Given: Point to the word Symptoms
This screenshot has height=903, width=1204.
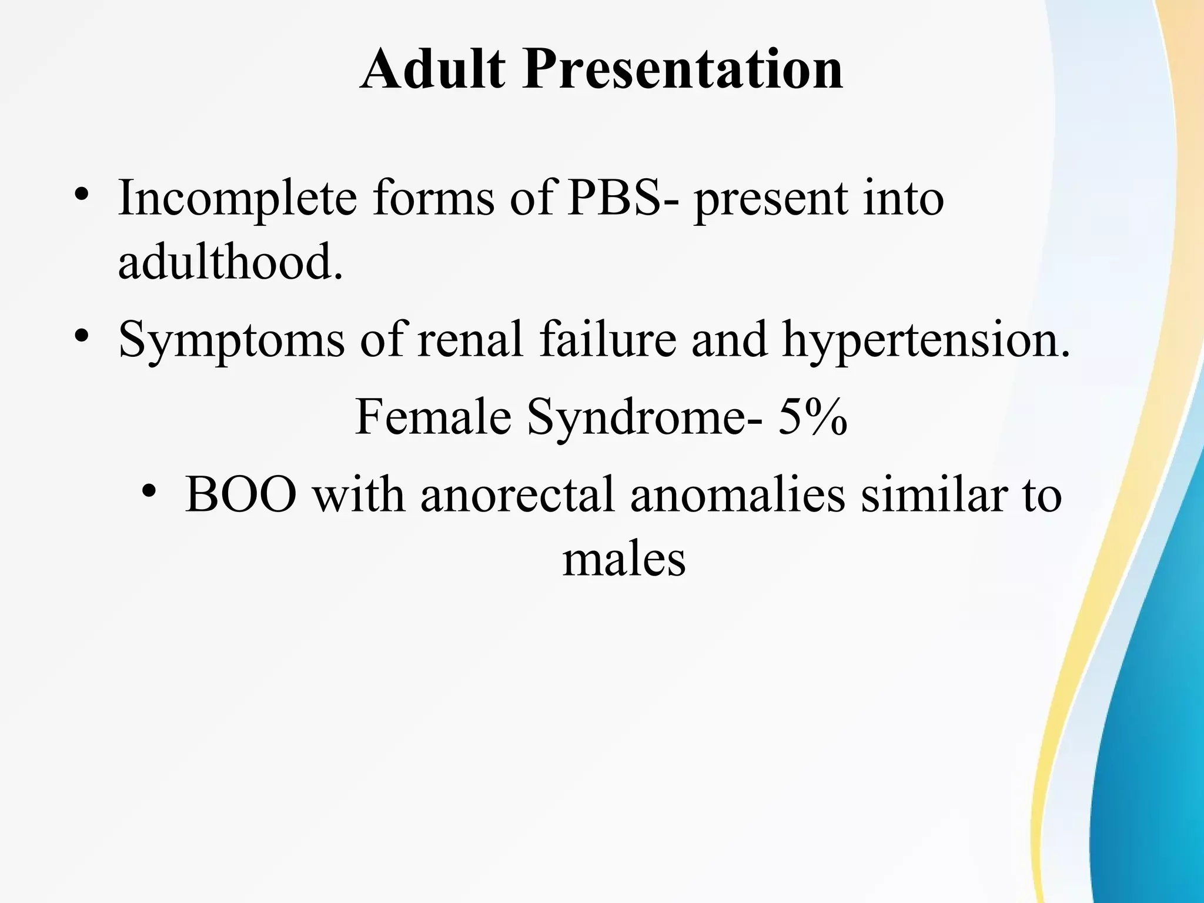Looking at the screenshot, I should point(231,341).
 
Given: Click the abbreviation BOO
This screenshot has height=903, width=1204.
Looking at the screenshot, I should point(241,494).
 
